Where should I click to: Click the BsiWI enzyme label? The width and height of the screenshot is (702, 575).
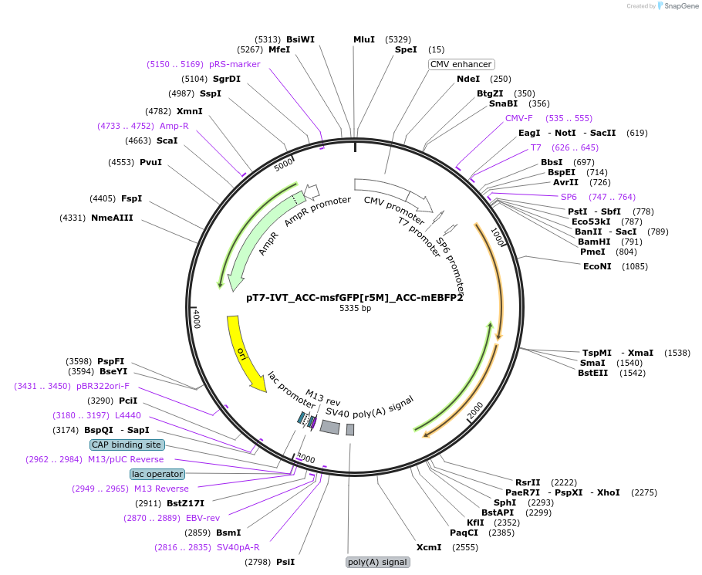pos(300,39)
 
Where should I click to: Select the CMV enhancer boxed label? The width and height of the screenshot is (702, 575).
pos(461,64)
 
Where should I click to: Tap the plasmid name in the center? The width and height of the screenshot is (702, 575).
pos(354,297)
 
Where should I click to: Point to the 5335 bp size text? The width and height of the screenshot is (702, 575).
pos(355,309)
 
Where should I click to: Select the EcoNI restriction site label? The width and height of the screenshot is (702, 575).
pos(597,266)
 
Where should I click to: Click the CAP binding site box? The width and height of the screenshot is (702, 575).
pos(127,445)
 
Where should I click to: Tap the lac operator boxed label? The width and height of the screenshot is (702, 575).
pos(157,474)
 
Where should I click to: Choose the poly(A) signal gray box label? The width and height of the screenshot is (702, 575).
pos(377,562)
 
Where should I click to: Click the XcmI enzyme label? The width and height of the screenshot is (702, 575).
pos(429,547)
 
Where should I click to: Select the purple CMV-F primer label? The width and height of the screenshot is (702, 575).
pos(519,118)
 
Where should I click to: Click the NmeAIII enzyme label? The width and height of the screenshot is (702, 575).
pos(112,218)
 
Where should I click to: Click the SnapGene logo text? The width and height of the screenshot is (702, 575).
pos(682,6)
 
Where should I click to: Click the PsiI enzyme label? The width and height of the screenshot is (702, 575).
pos(285,562)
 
